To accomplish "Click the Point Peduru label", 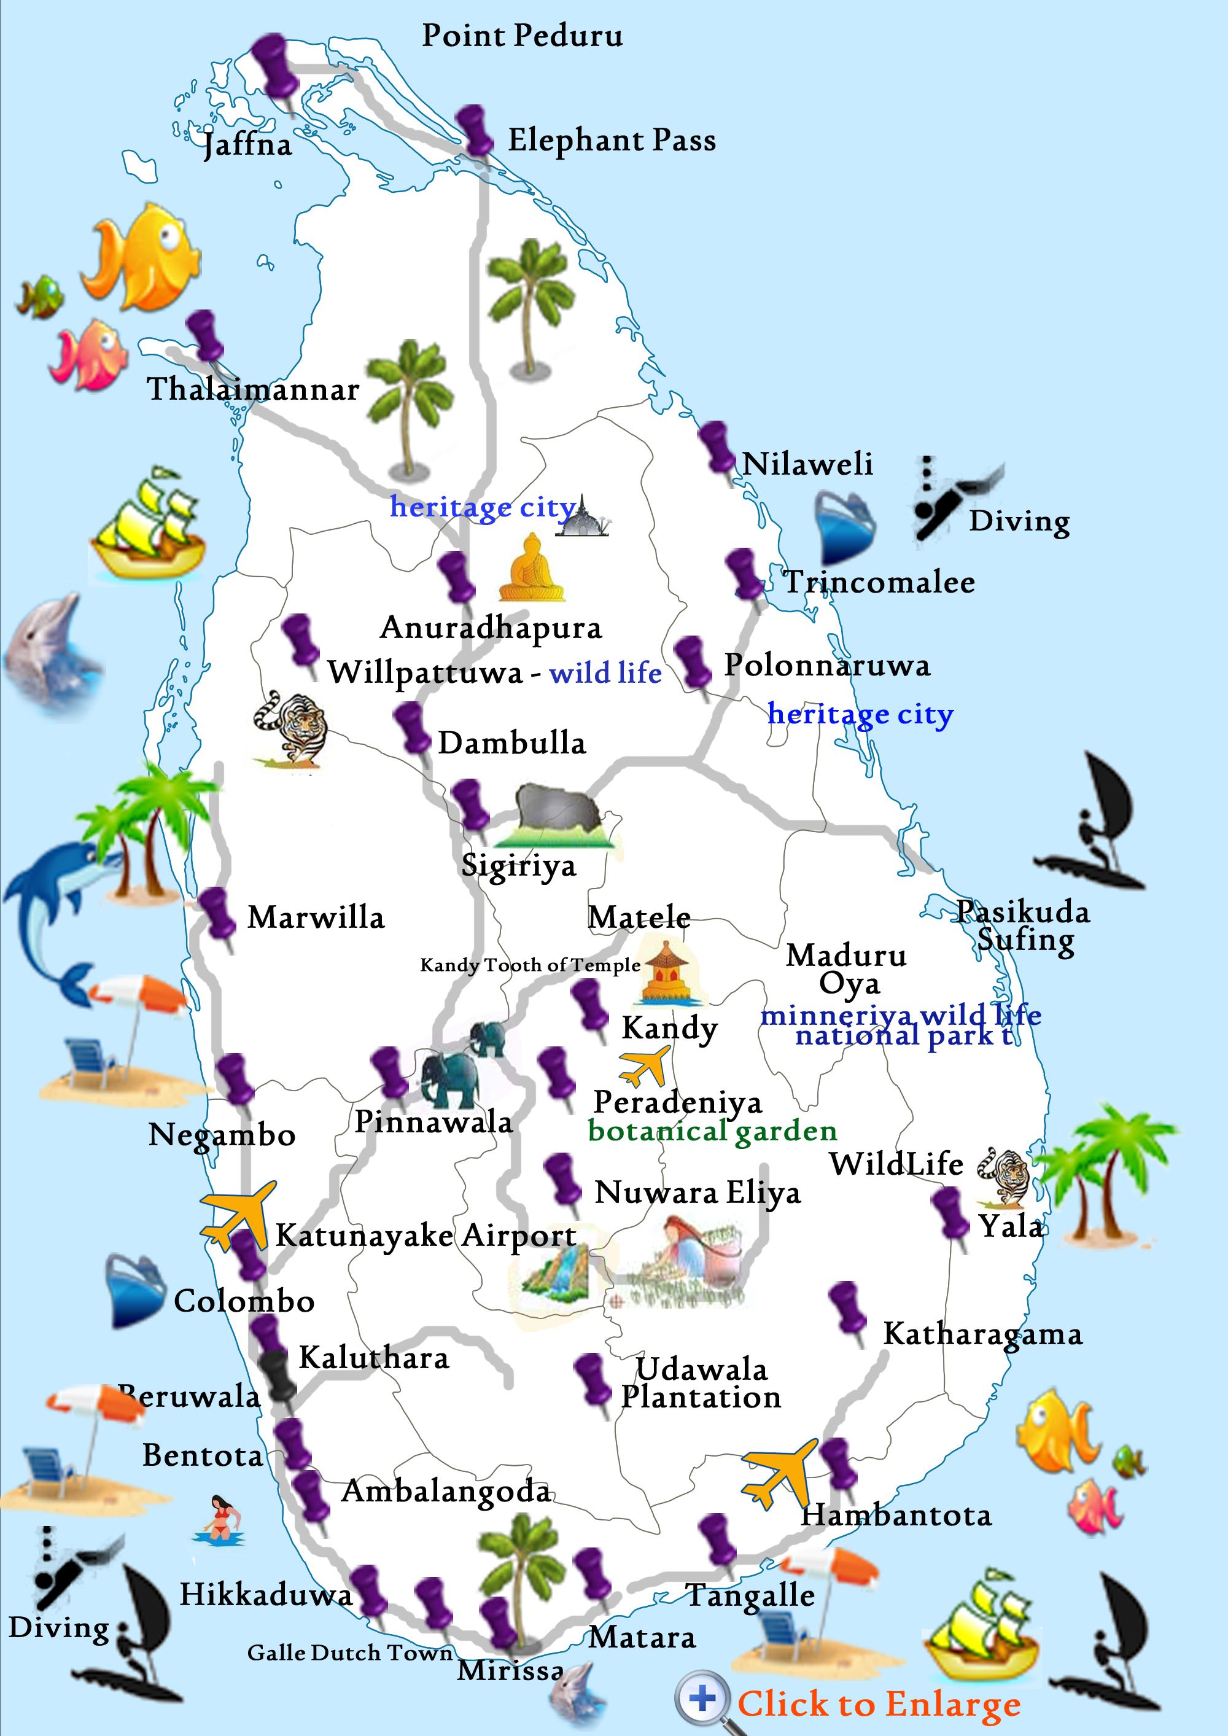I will point(522,36).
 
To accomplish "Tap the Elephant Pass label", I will point(611,141).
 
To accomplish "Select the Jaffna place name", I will point(247,144).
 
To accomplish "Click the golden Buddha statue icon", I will point(532,569).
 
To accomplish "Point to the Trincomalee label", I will point(879,582).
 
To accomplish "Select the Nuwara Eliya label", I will point(697,1193).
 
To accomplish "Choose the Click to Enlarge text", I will point(879,1703).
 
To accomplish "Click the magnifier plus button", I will point(702,1697).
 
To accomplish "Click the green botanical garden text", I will point(712,1131).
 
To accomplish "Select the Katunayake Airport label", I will point(426,1236).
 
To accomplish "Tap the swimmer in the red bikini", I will point(220,1518).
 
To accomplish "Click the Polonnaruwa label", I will point(827,666).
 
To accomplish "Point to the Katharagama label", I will point(982,1334).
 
